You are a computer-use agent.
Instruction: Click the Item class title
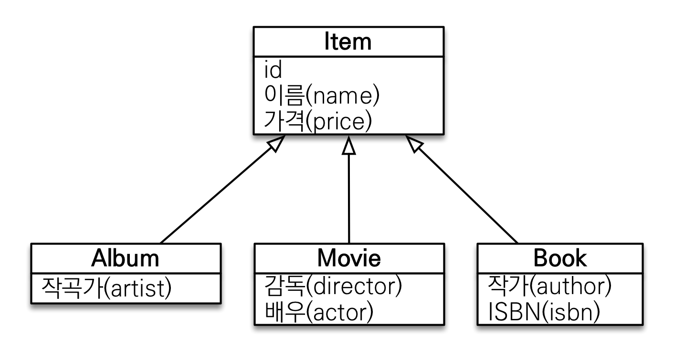[x=348, y=42]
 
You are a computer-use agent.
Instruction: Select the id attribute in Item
[x=274, y=70]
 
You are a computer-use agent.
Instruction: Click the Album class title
[x=125, y=258]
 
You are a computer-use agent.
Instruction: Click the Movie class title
[x=349, y=258]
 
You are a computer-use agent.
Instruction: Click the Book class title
[x=560, y=258]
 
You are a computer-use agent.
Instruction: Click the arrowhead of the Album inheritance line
[x=278, y=142]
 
